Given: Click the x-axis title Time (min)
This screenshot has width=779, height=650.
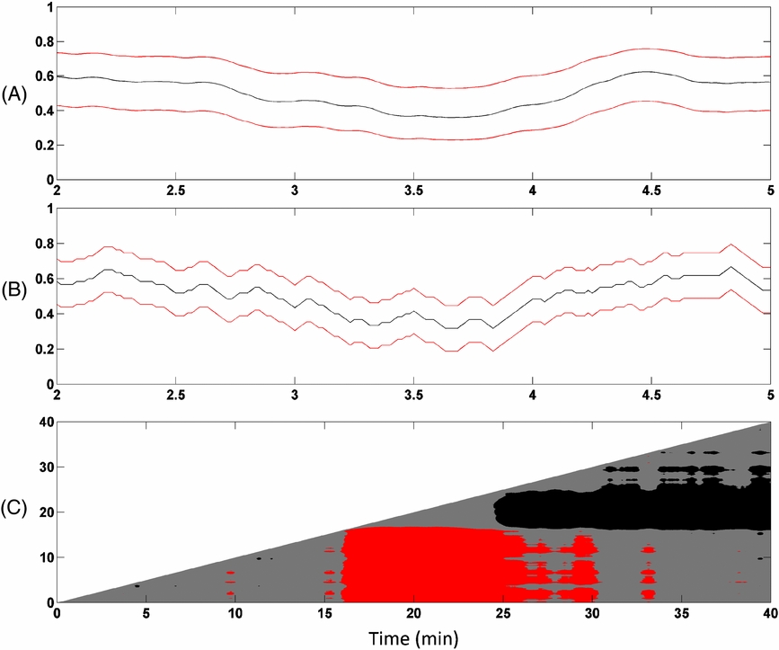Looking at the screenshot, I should tap(413, 637).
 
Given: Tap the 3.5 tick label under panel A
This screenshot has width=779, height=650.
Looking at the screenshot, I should tap(413, 191).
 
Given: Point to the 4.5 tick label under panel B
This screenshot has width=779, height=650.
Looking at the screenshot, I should tap(651, 396).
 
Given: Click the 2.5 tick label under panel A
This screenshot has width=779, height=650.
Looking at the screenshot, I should tap(175, 191).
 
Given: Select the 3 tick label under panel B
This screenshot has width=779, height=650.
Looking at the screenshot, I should tap(295, 396).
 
